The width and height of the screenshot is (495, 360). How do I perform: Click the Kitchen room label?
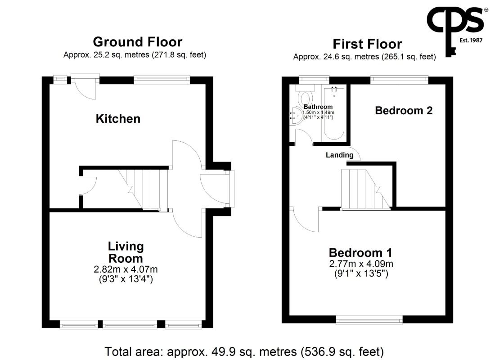(x=118, y=119)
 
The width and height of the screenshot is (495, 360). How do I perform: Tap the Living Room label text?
(x=126, y=252)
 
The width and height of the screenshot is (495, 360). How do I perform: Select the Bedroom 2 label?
(x=404, y=111)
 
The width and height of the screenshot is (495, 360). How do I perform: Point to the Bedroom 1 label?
(x=360, y=252)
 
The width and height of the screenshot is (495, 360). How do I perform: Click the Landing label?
(x=339, y=155)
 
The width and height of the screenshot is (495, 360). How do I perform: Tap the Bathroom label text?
(x=318, y=107)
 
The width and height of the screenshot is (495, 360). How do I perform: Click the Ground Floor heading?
(x=138, y=42)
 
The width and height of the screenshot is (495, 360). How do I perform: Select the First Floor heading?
(x=368, y=44)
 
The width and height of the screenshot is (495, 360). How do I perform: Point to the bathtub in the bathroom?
(x=334, y=113)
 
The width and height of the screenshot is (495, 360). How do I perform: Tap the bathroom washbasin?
(x=296, y=114)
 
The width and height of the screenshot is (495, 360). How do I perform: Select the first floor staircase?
(x=365, y=189)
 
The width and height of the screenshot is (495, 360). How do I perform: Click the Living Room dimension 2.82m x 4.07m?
(x=126, y=270)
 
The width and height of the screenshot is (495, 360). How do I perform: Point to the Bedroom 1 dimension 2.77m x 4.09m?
(x=361, y=264)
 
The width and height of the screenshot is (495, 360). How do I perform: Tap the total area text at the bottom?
(x=244, y=351)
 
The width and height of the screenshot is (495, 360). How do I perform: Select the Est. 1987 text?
(x=471, y=40)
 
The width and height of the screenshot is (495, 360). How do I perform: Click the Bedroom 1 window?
(x=369, y=319)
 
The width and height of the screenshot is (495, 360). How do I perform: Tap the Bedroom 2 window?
(x=399, y=80)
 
